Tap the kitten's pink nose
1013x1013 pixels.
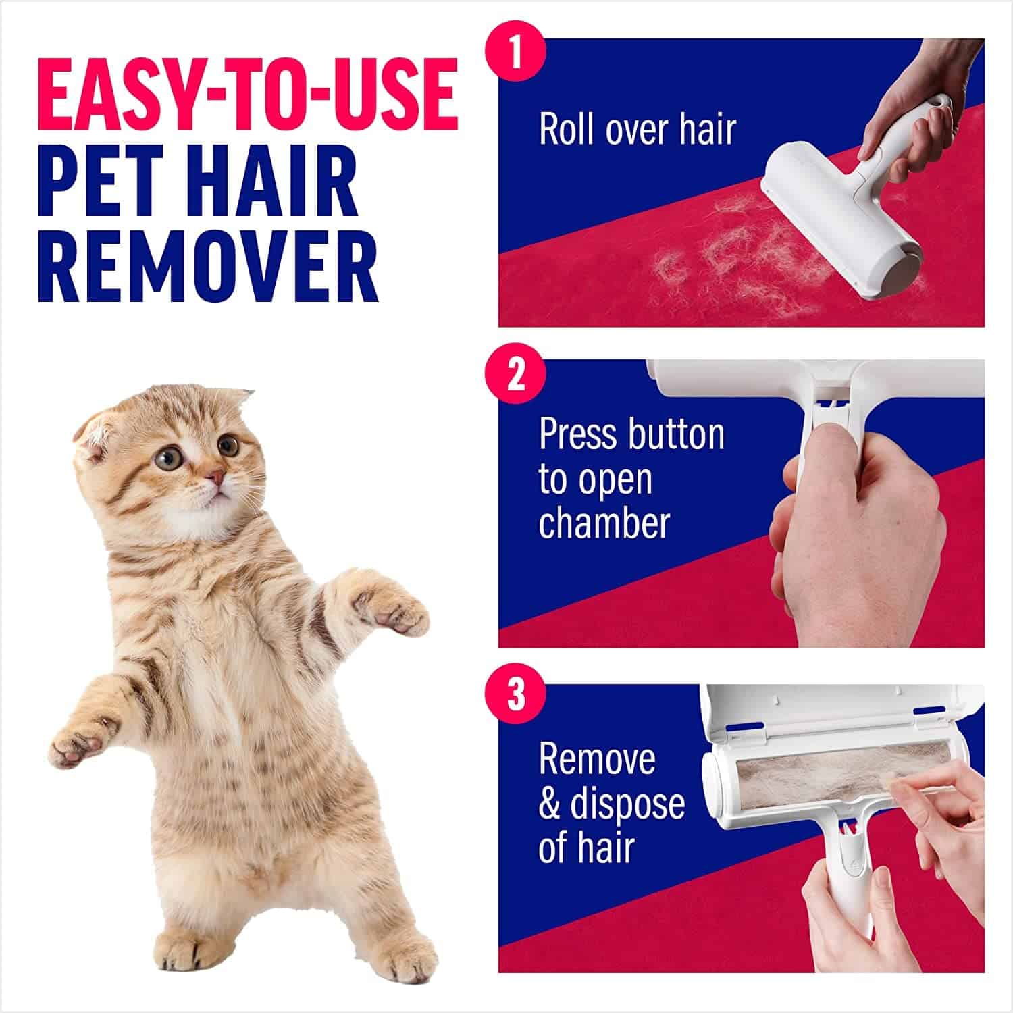[x=215, y=478]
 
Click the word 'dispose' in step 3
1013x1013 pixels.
[x=627, y=804]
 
